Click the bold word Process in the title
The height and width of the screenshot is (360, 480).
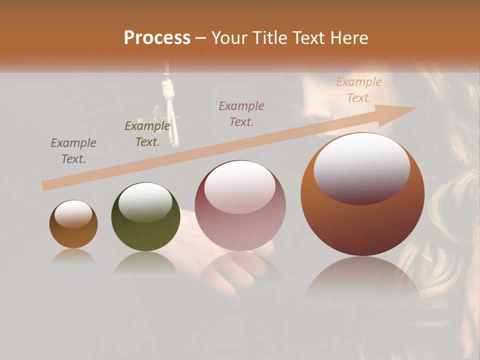(x=157, y=38)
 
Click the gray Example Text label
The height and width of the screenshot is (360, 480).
(x=73, y=151)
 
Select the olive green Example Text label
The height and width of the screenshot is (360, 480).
(x=147, y=134)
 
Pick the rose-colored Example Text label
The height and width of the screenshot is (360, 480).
(x=241, y=113)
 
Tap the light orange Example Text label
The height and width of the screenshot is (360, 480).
(x=358, y=90)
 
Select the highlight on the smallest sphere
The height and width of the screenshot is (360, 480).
(x=73, y=214)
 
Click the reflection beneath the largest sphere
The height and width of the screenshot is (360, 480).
(x=362, y=277)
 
